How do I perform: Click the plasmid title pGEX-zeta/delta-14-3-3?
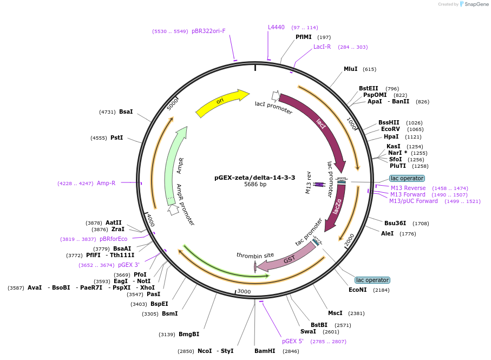[254, 177]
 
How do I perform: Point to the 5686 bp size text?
[254, 185]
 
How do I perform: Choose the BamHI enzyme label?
[265, 351]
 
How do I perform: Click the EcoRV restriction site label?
[390, 129]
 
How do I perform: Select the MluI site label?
[350, 69]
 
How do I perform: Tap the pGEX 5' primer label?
[292, 341]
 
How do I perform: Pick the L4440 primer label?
[276, 27]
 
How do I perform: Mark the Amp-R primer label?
[106, 183]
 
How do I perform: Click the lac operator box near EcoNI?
[372, 280]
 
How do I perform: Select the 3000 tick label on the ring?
[244, 291]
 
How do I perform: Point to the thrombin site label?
[255, 255]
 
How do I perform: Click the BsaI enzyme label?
[126, 112]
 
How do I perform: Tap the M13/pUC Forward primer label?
[413, 201]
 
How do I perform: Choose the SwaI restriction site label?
[308, 331]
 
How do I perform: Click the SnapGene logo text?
[475, 4]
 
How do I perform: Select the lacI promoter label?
[274, 108]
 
